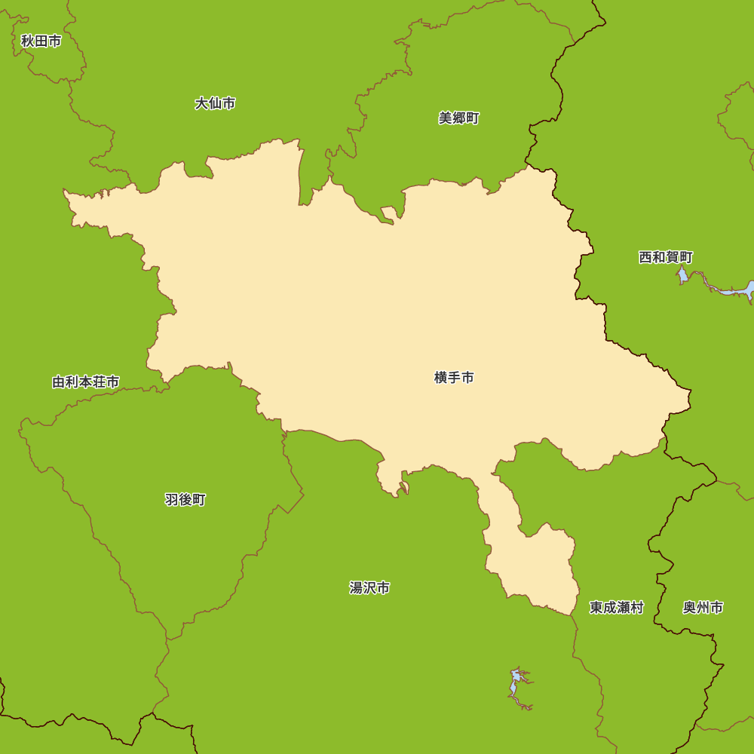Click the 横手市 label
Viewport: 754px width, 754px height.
pyautogui.click(x=454, y=378)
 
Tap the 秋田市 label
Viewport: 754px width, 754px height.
pyautogui.click(x=41, y=41)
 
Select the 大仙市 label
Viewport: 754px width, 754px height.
pyautogui.click(x=215, y=103)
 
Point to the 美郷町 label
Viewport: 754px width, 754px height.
pyautogui.click(x=458, y=118)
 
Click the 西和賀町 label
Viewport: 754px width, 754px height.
pyautogui.click(x=666, y=257)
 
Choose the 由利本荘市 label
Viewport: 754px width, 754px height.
pyautogui.click(x=85, y=382)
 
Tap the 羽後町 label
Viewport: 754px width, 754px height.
pyautogui.click(x=185, y=500)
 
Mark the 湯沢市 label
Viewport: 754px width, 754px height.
pyautogui.click(x=369, y=588)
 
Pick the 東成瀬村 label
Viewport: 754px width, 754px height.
pyautogui.click(x=617, y=608)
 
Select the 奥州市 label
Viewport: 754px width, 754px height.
pyautogui.click(x=703, y=608)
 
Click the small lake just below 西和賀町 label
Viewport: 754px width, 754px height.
pyautogui.click(x=682, y=275)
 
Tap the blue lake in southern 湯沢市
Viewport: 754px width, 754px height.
pyautogui.click(x=516, y=682)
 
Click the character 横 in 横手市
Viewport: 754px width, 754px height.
pyautogui.click(x=441, y=378)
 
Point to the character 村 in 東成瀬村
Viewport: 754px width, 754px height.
pyautogui.click(x=637, y=608)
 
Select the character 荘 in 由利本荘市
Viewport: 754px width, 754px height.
pyautogui.click(x=99, y=382)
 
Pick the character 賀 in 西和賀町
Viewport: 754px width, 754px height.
pyautogui.click(x=673, y=257)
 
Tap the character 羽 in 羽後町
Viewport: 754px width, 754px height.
pyautogui.click(x=172, y=500)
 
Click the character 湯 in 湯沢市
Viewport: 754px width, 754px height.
pyautogui.click(x=357, y=588)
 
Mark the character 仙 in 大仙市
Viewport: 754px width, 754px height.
pyautogui.click(x=215, y=103)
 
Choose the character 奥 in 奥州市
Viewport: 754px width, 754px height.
pyautogui.click(x=690, y=608)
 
